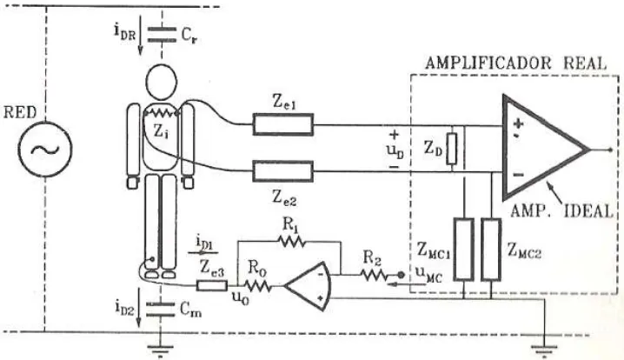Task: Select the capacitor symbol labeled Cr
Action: pos(162,35)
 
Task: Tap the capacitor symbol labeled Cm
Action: pos(161,310)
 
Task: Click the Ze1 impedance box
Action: pos(283,124)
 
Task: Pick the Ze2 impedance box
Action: pos(283,171)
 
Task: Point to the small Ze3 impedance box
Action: pos(212,285)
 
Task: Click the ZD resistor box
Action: pos(452,149)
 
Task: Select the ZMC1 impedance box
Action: pos(464,250)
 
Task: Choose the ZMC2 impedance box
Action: pos(491,250)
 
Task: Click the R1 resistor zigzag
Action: pos(292,241)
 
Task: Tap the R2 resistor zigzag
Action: pos(374,275)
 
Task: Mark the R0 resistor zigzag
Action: pos(257,285)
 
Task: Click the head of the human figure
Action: pos(161,82)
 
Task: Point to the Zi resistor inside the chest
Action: pos(161,114)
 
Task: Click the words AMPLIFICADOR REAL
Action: pos(516,63)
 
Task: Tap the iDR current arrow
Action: pos(141,39)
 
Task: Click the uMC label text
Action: pos(428,274)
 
